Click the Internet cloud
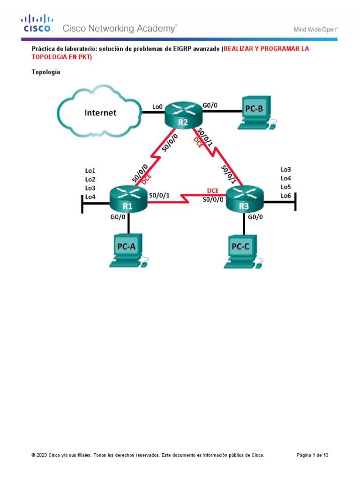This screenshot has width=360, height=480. tap(100, 112)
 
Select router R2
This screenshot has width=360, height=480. tap(183, 114)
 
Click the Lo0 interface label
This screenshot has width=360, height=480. tap(157, 107)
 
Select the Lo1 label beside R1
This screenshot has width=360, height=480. tap(90, 171)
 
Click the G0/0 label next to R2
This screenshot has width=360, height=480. tap(209, 105)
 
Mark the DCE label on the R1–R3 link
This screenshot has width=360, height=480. tap(212, 191)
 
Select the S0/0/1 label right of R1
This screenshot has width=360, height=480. tap(159, 195)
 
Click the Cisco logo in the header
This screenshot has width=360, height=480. tap(37, 24)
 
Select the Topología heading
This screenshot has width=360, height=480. tap(45, 72)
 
